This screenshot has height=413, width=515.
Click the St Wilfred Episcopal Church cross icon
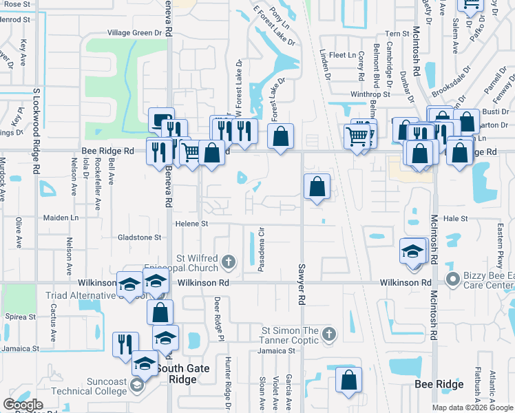pos(229,261)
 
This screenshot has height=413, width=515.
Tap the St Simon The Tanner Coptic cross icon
pos(328,334)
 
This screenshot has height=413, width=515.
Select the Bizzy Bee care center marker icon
pos(452,279)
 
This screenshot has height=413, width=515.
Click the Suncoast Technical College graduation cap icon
pos(137,388)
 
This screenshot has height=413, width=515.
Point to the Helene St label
pos(191,224)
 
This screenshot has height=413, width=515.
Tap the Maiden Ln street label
pos(61,218)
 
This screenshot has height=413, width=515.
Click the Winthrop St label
pos(370,94)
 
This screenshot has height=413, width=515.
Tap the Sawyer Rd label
pos(301,284)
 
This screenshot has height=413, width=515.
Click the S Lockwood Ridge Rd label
pos(36,131)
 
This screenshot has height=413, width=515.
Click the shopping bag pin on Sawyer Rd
pos(316,187)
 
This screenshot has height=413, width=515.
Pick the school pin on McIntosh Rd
pos(412,251)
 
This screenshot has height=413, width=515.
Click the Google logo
pos(23,405)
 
